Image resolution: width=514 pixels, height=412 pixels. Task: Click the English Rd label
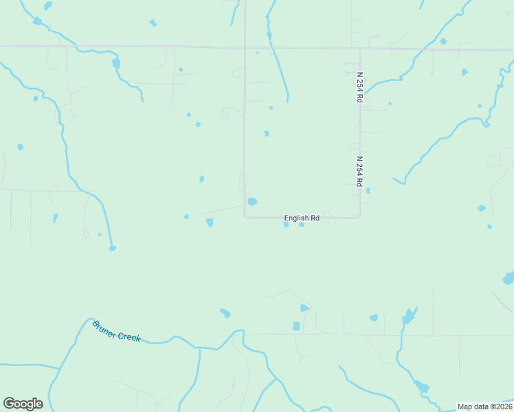click(302, 218)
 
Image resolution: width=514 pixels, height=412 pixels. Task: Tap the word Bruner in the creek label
click(105, 328)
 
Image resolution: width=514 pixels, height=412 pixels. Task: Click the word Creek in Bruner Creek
click(129, 336)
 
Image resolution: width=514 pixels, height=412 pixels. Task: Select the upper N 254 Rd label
click(359, 87)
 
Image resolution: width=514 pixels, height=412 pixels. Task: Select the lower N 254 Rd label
click(359, 172)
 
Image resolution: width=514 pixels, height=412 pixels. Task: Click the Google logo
click(23, 404)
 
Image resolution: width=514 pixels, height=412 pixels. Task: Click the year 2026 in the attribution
click(501, 406)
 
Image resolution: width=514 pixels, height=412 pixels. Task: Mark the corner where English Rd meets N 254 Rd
click(359, 217)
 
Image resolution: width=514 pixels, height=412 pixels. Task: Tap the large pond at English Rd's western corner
click(252, 201)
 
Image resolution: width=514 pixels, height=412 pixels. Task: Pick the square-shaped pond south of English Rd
click(296, 325)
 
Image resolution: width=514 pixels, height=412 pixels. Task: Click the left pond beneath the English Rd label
click(286, 225)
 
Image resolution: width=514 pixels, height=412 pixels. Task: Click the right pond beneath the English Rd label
click(301, 225)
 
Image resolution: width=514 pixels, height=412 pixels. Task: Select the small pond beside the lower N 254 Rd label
click(368, 190)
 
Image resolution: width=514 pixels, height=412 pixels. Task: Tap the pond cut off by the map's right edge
click(509, 278)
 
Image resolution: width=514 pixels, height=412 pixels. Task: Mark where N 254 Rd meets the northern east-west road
click(359, 49)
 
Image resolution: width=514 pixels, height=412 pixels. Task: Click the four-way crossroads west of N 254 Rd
click(245, 47)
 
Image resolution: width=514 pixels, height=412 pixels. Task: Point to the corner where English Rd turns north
click(245, 217)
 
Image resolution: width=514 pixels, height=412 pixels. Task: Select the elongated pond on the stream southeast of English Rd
click(409, 316)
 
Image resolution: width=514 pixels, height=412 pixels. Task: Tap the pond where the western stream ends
click(112, 248)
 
